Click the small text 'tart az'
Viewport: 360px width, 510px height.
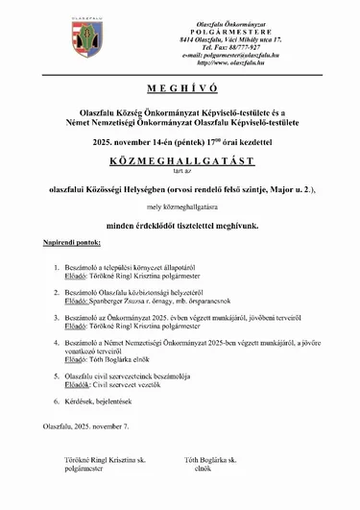click(x=180, y=167)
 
